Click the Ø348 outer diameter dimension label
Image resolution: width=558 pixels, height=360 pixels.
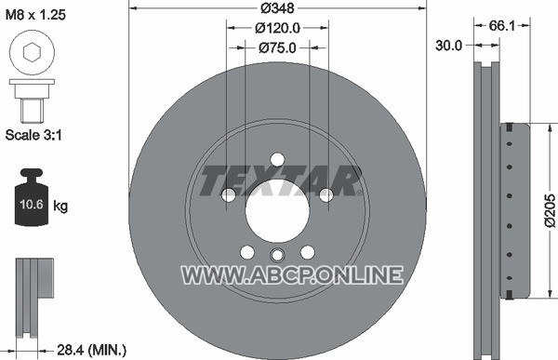click(277, 8)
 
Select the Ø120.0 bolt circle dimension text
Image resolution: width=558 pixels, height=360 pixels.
click(277, 28)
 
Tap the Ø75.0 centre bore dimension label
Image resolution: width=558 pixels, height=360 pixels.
click(277, 47)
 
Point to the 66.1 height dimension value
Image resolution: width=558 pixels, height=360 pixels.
click(502, 25)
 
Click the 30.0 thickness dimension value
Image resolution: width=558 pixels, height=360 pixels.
click(448, 46)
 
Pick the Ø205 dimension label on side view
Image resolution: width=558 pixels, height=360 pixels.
click(550, 210)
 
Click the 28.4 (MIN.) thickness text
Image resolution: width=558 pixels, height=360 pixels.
click(91, 350)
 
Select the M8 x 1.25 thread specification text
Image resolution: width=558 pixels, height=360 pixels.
click(35, 15)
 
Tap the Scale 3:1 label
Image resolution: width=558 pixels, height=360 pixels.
click(33, 135)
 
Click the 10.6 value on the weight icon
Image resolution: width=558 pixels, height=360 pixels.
click(32, 205)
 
